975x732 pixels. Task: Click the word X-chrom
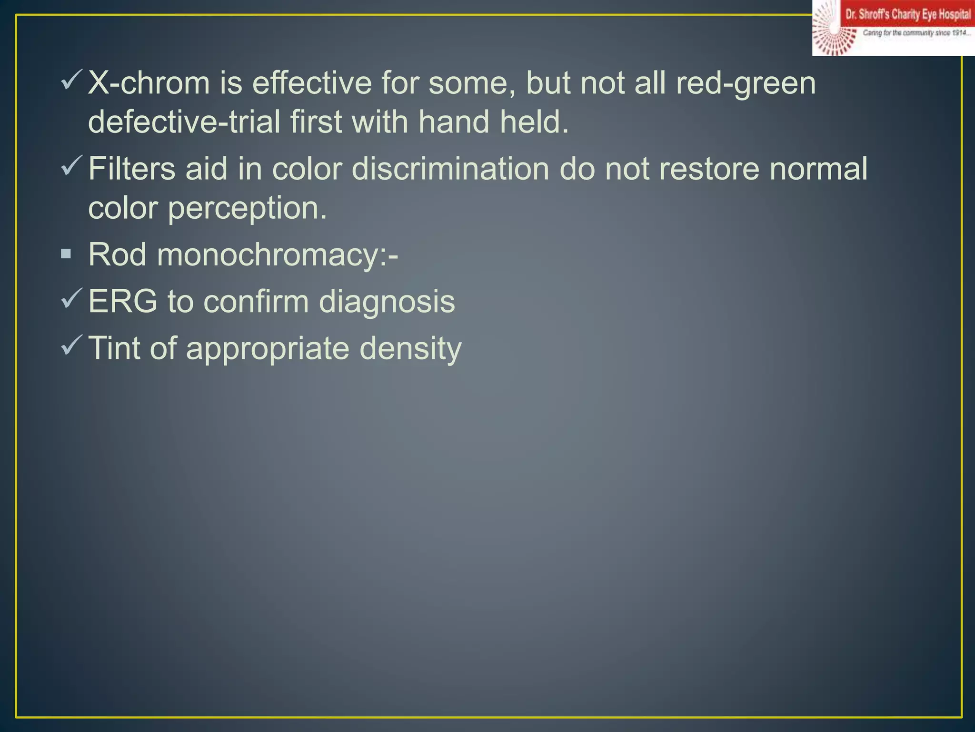149,83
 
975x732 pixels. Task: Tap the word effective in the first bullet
311,83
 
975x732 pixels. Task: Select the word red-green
746,84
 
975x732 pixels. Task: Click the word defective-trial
184,122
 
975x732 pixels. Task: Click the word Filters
132,169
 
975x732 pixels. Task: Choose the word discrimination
450,169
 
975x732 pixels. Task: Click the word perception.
247,209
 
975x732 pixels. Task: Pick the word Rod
117,254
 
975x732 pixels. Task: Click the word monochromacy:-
277,255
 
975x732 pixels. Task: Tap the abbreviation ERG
123,302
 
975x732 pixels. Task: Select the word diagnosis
387,302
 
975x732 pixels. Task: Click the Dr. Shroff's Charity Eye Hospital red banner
907,14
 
